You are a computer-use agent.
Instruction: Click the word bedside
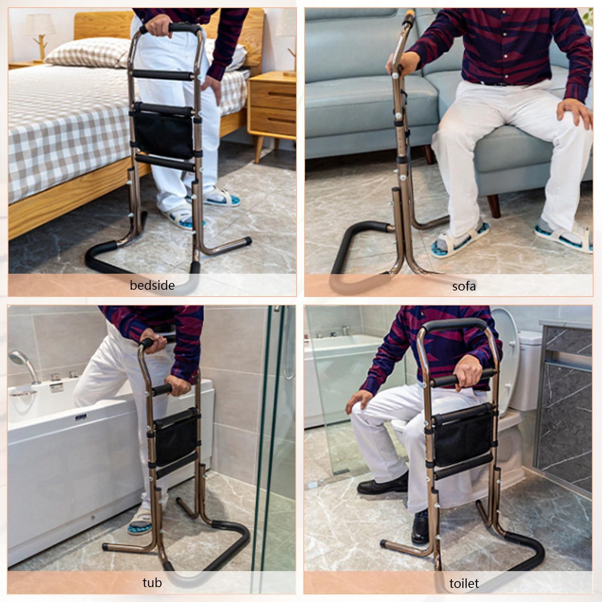coord(152,285)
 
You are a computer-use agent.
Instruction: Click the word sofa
coord(464,286)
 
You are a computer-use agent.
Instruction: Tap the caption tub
coord(152,582)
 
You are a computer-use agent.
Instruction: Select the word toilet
coord(464,583)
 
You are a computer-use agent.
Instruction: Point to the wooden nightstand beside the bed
coord(272,108)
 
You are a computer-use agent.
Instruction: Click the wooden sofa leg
coord(495,204)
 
